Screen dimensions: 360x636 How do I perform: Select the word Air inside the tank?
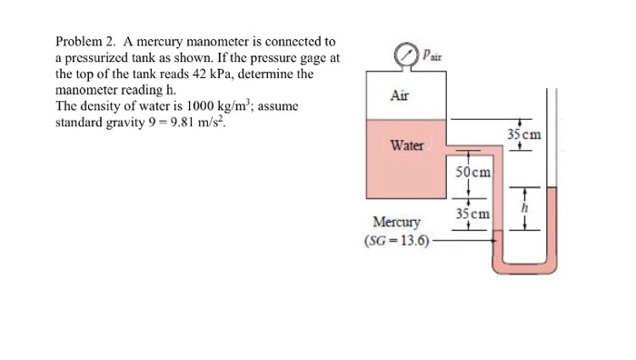[x=400, y=95]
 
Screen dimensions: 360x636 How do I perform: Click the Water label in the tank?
[x=404, y=145]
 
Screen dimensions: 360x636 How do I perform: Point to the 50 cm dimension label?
[x=473, y=171]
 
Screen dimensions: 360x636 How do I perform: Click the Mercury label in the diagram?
[x=397, y=222]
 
